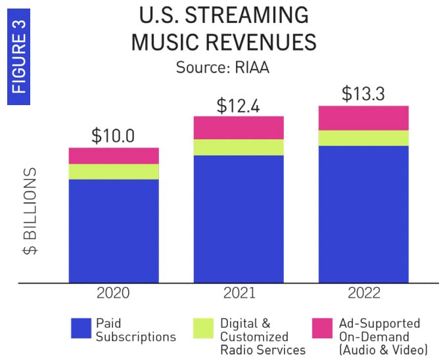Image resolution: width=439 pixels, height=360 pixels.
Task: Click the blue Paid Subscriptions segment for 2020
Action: click(x=114, y=231)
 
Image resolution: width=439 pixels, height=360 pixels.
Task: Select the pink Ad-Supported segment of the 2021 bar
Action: click(x=239, y=127)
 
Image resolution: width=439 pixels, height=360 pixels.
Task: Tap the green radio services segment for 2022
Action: click(x=363, y=138)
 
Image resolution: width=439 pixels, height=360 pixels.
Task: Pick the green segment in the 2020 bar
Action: click(x=114, y=171)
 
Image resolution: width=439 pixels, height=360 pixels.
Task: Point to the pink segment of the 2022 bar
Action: click(x=363, y=118)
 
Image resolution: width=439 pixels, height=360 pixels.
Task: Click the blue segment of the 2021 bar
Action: click(x=239, y=219)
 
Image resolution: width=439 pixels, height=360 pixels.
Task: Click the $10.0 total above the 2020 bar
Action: click(x=113, y=136)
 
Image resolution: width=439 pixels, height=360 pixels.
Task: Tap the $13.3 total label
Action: click(x=363, y=93)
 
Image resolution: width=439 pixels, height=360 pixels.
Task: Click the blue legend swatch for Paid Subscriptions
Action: click(x=81, y=328)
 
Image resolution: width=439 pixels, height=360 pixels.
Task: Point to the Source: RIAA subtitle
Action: click(x=223, y=67)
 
